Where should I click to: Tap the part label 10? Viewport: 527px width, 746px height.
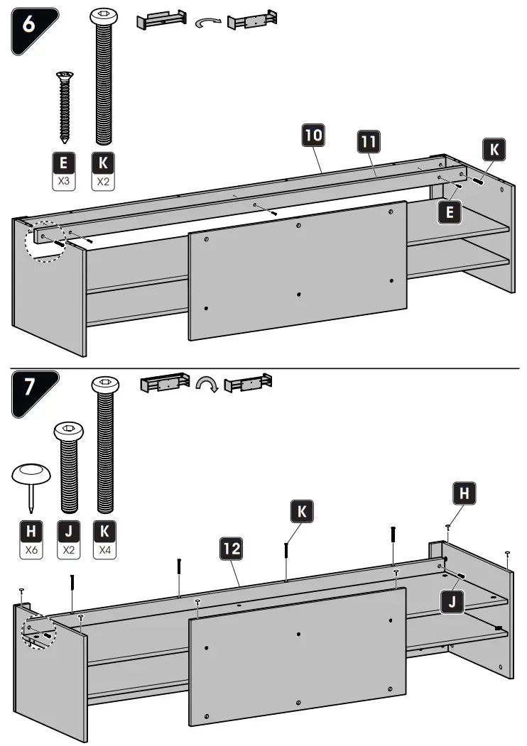click(x=313, y=136)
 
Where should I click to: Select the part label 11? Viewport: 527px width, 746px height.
click(x=367, y=141)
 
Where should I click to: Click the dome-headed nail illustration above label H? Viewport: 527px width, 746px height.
click(x=30, y=483)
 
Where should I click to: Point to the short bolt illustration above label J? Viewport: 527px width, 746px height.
click(x=69, y=465)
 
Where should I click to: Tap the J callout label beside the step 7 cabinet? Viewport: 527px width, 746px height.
click(x=452, y=603)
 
